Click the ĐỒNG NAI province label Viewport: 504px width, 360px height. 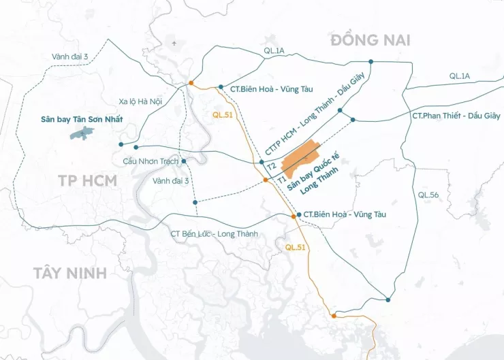tap(371, 40)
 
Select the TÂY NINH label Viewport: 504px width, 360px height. tap(70, 273)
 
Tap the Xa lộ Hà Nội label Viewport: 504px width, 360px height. tap(140, 101)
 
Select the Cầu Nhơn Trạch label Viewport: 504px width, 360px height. tap(151, 161)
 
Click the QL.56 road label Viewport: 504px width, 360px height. tap(429, 195)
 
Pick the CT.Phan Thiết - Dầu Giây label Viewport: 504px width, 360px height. tap(456, 116)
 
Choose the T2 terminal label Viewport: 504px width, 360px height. tap(271, 166)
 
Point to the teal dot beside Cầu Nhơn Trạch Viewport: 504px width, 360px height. tap(184, 161)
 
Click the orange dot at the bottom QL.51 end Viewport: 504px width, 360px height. tap(333, 316)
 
